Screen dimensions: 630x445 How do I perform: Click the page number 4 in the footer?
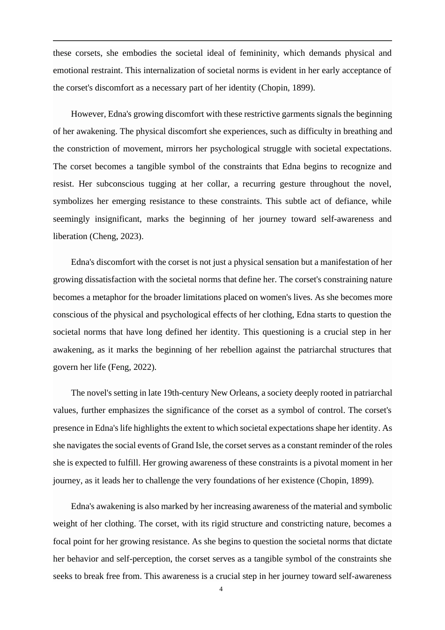pos(221,589)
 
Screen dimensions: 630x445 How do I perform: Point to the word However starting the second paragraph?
pos(88,114)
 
